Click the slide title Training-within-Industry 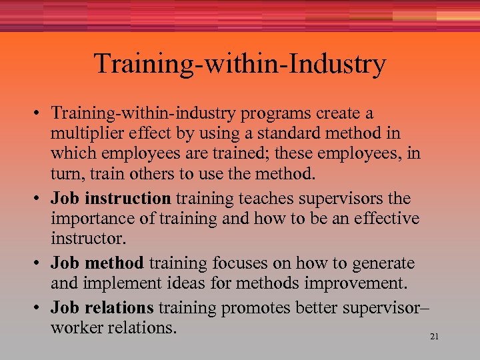pos(240,64)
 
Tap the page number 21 pos(434,337)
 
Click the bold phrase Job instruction pos(111,198)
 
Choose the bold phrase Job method pos(97,263)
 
